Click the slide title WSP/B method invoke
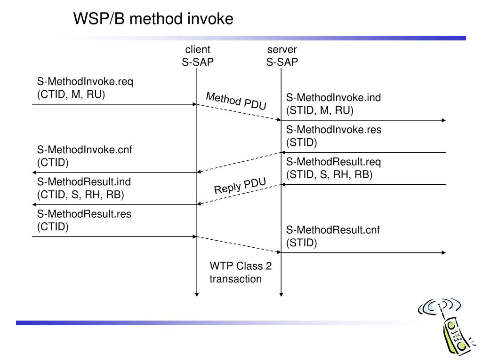pos(153,19)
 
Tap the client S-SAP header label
pos(198,55)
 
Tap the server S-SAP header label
pos(282,55)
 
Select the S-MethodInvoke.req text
pos(85,82)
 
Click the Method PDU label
pos(236,101)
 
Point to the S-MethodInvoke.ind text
pos(334,98)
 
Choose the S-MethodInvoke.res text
pos(334,130)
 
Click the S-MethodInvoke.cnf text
pos(85,150)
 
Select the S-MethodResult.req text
pos(334,162)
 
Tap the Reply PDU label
pos(240,186)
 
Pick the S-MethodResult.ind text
pos(84,182)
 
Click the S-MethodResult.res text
pos(84,214)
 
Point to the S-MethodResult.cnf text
pos(333,230)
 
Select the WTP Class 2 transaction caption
pos(241,272)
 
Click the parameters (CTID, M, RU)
pos(71,94)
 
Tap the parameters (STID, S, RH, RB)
pos(329,175)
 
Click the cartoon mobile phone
pos(446,326)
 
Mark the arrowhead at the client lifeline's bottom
pos(197,295)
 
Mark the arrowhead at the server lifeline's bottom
pos(281,295)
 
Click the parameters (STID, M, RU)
pos(320,110)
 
